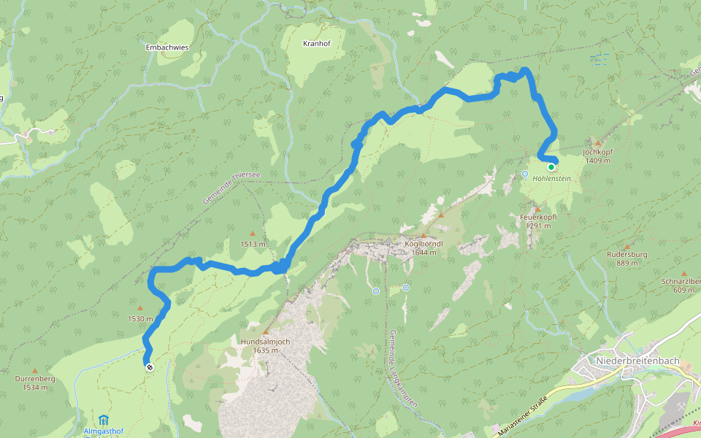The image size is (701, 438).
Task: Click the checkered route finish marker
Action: click(x=149, y=368)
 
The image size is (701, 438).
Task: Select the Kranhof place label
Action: click(x=316, y=44)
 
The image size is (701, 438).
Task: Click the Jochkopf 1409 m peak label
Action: click(x=597, y=156)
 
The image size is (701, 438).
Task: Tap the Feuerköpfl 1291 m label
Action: click(x=538, y=221)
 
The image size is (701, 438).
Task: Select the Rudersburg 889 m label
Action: click(x=626, y=258)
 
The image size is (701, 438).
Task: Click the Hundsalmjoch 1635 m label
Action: click(x=264, y=345)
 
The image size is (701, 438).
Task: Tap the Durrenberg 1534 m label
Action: click(x=34, y=383)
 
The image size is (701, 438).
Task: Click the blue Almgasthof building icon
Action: click(x=104, y=420)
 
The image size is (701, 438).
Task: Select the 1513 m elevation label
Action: click(x=253, y=244)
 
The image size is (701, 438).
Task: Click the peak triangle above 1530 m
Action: click(x=140, y=308)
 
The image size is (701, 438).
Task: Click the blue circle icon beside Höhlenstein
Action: click(x=525, y=174)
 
